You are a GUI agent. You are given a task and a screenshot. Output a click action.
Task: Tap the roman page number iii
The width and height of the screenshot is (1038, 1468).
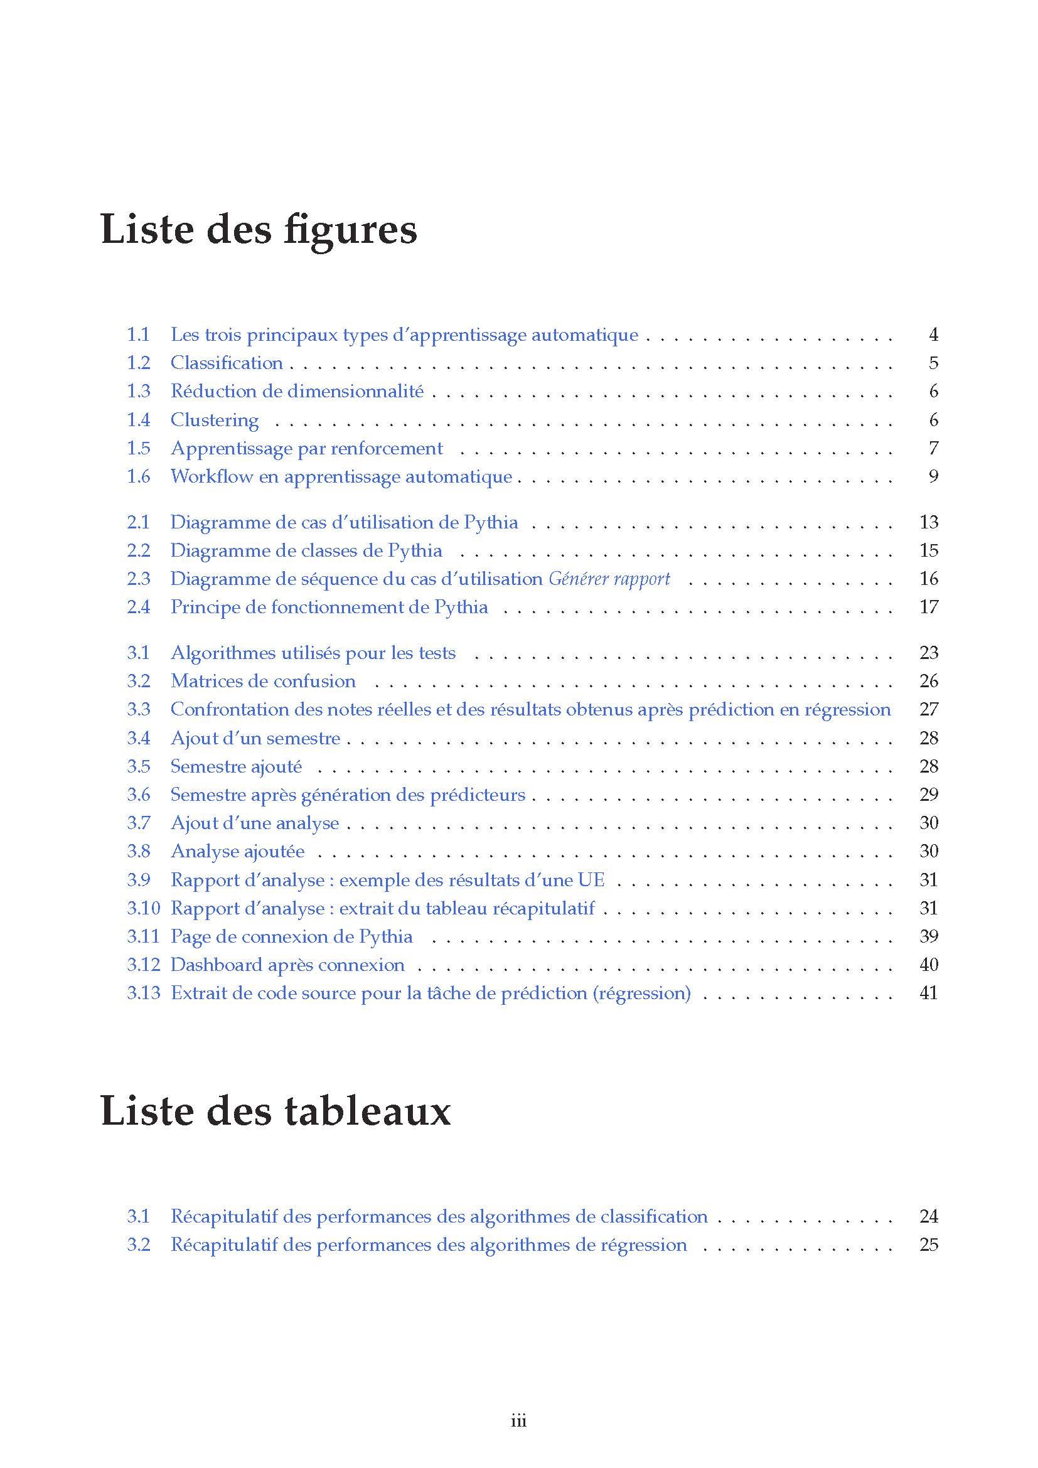[x=518, y=1421]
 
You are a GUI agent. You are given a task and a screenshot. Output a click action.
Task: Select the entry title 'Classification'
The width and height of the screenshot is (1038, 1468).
[x=227, y=363]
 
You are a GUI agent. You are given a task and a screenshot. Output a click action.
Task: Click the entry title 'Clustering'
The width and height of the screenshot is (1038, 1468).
[x=214, y=419]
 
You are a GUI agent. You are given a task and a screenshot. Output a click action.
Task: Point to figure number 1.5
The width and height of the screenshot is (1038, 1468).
[x=138, y=447]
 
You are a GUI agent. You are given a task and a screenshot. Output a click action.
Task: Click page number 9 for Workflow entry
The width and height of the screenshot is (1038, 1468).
[x=933, y=476]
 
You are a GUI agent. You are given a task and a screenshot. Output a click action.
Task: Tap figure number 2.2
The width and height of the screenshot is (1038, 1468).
[x=138, y=550]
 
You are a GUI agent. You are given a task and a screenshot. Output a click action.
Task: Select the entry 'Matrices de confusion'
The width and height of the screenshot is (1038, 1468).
[x=263, y=680]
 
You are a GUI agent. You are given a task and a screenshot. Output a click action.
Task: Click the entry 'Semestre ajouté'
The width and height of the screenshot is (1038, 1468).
[x=236, y=766]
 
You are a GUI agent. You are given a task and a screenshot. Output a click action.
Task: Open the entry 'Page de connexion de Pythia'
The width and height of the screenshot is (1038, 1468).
[x=291, y=936]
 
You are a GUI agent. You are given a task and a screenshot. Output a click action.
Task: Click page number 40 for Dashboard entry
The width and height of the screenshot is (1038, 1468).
[x=929, y=964]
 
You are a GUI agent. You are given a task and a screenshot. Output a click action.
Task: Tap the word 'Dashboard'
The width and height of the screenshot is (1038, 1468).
[x=216, y=964]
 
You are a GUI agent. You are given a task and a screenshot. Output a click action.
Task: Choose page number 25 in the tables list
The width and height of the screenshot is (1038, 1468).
[x=929, y=1244]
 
